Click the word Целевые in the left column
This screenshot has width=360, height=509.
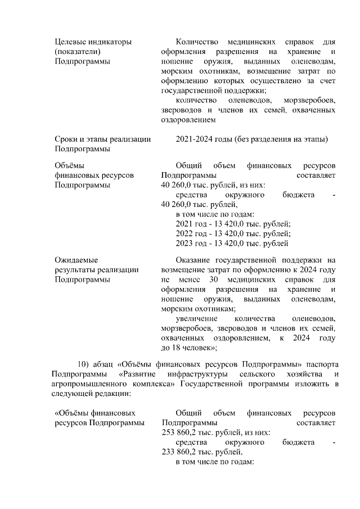[x=69, y=42]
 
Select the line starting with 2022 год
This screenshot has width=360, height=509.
[x=233, y=234]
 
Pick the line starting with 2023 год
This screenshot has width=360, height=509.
[x=232, y=244]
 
